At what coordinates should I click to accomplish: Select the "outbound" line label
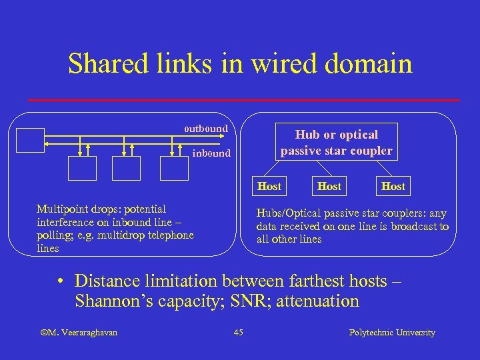[206, 128]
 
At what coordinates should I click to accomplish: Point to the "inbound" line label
[211, 153]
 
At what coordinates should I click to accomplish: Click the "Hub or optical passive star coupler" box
[336, 143]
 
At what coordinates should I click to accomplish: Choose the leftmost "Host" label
[269, 186]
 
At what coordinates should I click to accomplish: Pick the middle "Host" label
[329, 186]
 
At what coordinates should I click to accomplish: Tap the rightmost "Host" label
[393, 186]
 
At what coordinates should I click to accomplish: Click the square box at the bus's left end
[30, 140]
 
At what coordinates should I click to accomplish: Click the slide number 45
[239, 332]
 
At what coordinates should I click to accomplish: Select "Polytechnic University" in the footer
[392, 332]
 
